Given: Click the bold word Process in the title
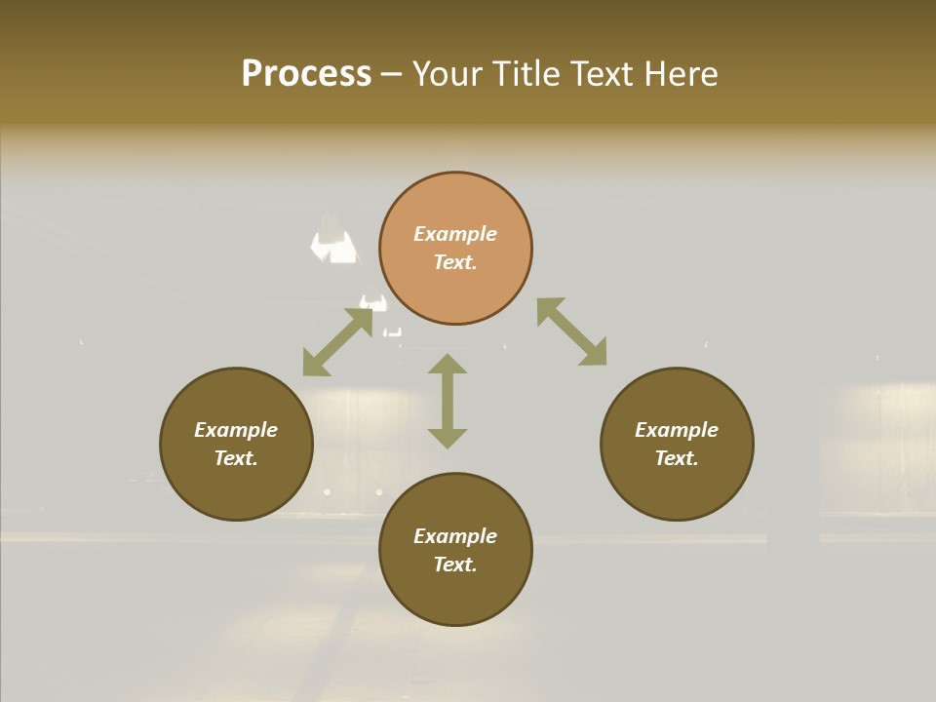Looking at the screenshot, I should point(306,74).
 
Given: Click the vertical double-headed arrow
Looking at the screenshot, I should point(448,401).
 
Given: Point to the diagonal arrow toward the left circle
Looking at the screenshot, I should point(337,342).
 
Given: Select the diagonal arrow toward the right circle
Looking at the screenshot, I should point(571,331).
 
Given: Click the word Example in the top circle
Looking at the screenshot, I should point(455,234).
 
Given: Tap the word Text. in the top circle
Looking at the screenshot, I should point(455,262).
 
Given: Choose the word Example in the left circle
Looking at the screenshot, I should point(236,430).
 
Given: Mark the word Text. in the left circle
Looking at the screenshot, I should point(236,458).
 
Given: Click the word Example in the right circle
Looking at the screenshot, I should point(677,430).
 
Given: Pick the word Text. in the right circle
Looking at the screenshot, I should point(677,458).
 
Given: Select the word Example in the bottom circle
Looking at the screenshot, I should point(455,536).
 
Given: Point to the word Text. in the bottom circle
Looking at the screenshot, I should point(455,565).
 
